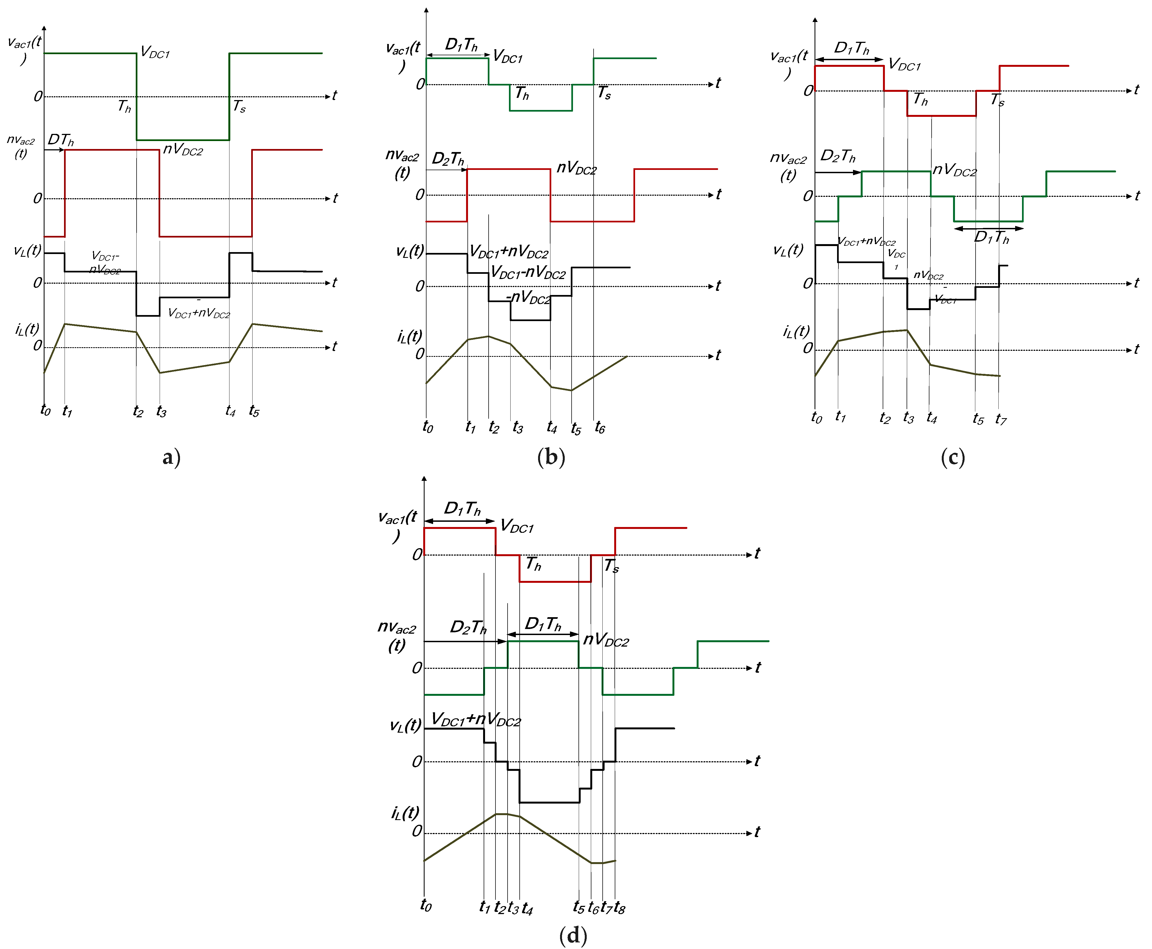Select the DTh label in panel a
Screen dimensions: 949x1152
click(60, 140)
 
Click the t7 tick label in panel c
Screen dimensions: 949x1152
click(1001, 419)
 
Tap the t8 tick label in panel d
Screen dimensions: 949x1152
click(619, 907)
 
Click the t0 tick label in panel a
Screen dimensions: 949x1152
click(45, 409)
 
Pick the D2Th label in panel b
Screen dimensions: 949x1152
click(448, 159)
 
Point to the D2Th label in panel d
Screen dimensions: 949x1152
click(468, 627)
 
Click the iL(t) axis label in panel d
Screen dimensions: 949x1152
click(405, 813)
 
